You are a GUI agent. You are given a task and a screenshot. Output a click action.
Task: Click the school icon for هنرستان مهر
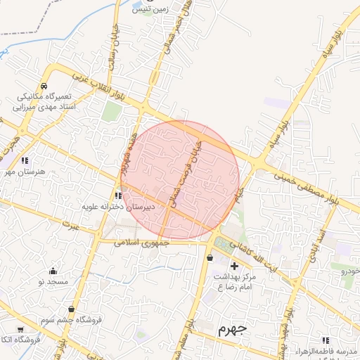click(25, 161)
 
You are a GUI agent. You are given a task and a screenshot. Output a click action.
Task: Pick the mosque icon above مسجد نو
click(53, 271)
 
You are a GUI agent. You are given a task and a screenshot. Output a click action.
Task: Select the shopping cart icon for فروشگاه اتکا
click(20, 329)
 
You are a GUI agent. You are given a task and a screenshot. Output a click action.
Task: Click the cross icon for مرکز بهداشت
click(235, 266)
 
